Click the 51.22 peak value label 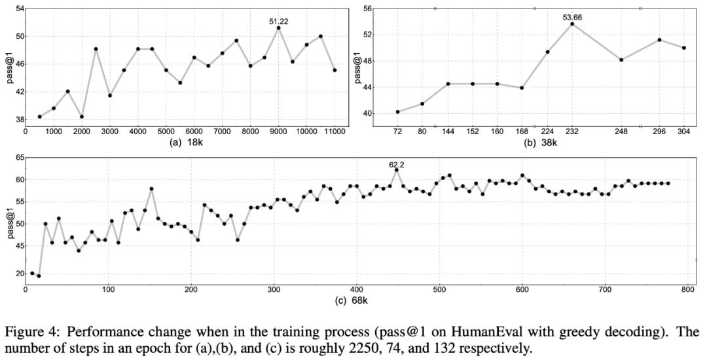tap(278, 22)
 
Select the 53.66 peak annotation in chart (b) tap(572, 17)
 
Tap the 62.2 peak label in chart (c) tap(397, 165)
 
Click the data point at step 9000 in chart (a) tap(278, 28)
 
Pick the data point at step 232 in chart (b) tap(572, 24)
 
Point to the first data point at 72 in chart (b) tap(397, 112)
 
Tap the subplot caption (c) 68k tap(360, 300)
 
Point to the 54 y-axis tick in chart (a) tap(20, 9)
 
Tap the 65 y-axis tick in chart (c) tap(20, 158)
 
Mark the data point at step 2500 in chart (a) tap(96, 49)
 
